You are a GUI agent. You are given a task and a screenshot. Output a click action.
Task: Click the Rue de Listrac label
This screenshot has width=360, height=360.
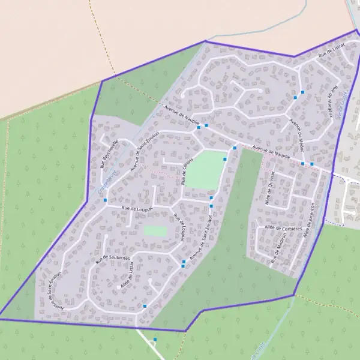(331, 53)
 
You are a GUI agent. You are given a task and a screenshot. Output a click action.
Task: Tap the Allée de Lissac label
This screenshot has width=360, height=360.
(128, 280)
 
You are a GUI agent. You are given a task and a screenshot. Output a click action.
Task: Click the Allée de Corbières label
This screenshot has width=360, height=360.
(281, 228)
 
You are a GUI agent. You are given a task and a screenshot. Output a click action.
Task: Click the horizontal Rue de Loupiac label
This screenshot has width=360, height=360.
(137, 208)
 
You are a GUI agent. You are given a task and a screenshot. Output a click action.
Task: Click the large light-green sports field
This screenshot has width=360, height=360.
(205, 169)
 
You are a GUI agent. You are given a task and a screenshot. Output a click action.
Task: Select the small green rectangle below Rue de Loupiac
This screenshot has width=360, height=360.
(155, 230)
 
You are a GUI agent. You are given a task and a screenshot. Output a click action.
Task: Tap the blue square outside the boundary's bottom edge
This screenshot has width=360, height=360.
(155, 340)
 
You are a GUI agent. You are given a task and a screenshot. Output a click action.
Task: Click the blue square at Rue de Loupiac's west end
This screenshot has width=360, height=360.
(106, 200)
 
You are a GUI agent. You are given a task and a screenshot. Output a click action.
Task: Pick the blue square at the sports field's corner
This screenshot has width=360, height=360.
(225, 159)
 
